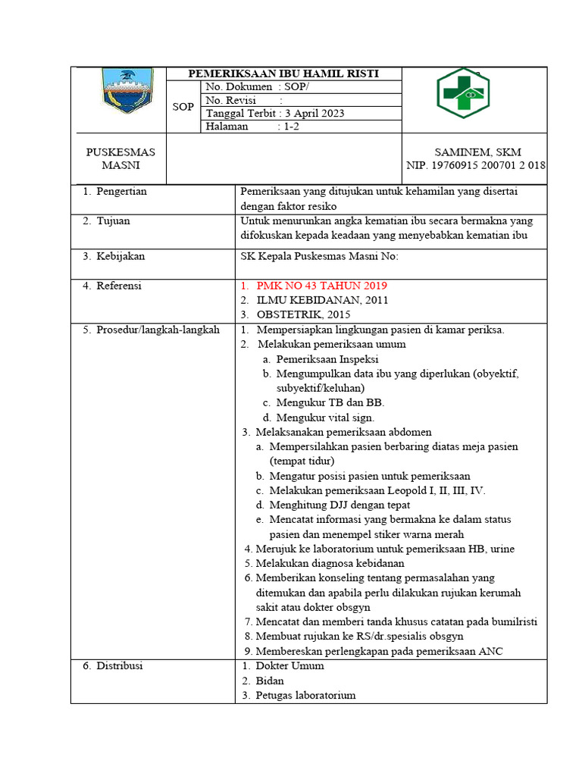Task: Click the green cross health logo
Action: tap(463, 93)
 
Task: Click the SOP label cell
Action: tap(183, 107)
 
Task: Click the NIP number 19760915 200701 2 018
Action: tap(476, 166)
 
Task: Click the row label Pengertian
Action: tap(120, 192)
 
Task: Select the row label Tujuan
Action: tap(112, 221)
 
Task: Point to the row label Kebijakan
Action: tap(119, 256)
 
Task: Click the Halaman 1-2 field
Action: tap(253, 127)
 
